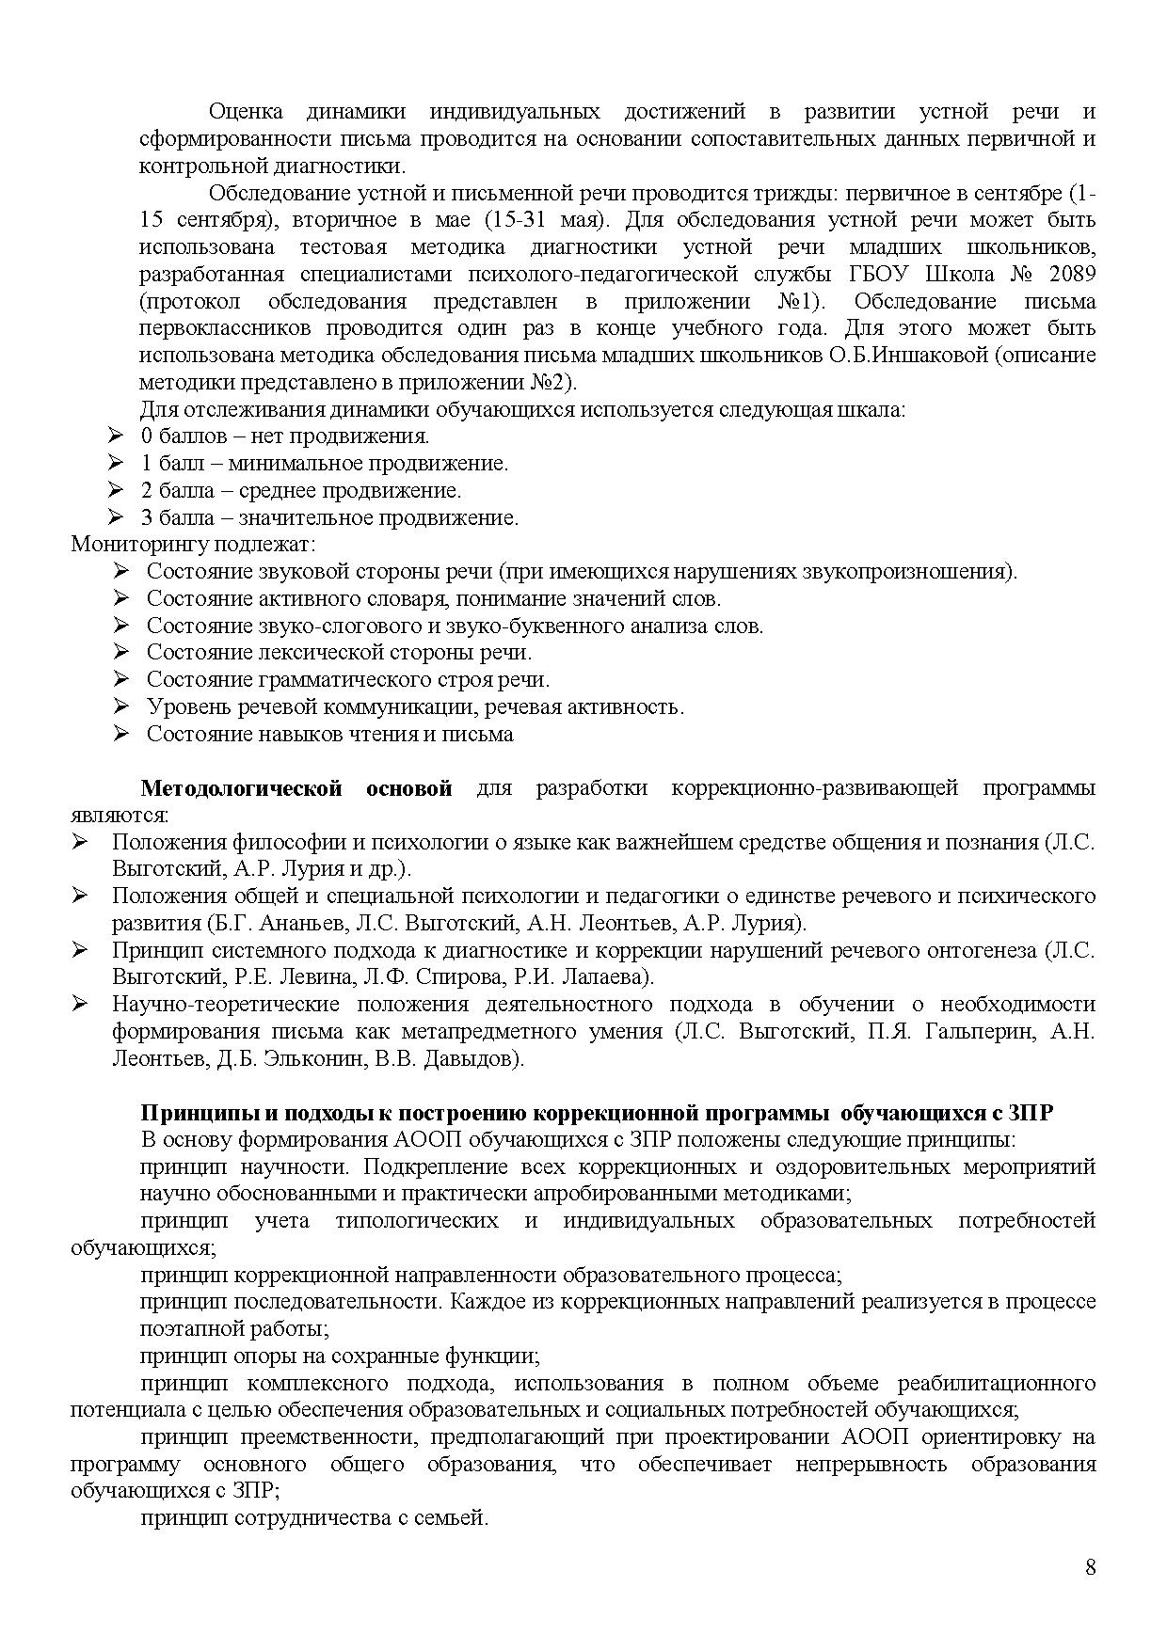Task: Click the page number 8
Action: coord(1090,1566)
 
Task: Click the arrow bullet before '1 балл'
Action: coord(116,463)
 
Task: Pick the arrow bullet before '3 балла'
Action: coord(116,517)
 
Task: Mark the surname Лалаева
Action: coord(598,977)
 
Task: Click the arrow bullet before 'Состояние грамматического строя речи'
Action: coord(120,679)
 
